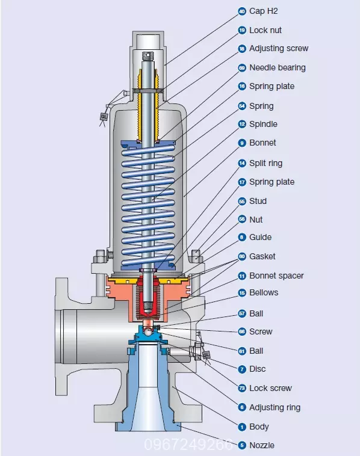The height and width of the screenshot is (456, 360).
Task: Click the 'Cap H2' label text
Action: (264, 11)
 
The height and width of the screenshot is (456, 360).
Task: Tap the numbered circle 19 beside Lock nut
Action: (242, 30)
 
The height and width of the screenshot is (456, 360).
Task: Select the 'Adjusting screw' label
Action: (279, 48)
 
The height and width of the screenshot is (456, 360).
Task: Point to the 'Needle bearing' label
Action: (278, 67)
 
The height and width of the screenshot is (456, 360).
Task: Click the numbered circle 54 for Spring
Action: (242, 106)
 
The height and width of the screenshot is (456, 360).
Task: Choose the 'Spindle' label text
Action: (263, 124)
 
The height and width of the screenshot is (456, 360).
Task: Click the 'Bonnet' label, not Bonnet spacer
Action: (262, 143)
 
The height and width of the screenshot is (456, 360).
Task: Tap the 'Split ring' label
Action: (265, 163)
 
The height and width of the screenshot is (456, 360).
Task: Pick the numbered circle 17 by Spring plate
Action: (242, 182)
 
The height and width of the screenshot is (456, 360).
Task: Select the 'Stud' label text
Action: (258, 201)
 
